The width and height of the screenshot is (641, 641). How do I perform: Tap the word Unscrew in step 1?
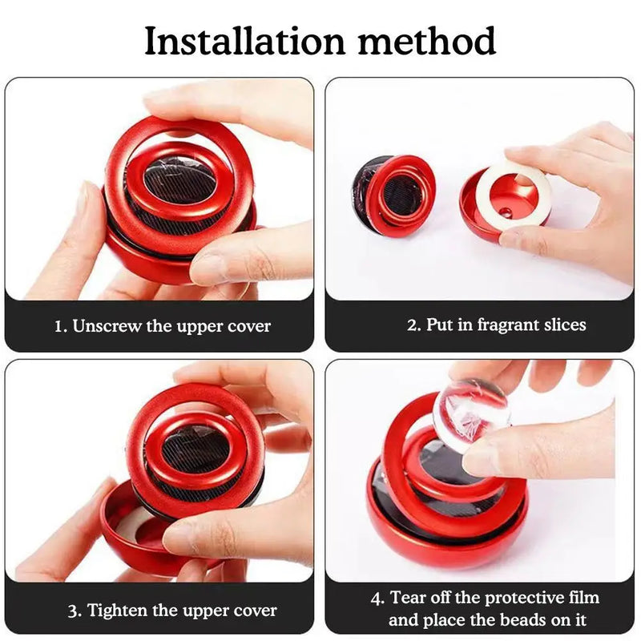point(103,326)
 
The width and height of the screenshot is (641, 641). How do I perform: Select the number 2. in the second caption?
point(415,325)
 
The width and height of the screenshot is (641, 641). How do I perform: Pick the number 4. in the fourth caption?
point(377,598)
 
